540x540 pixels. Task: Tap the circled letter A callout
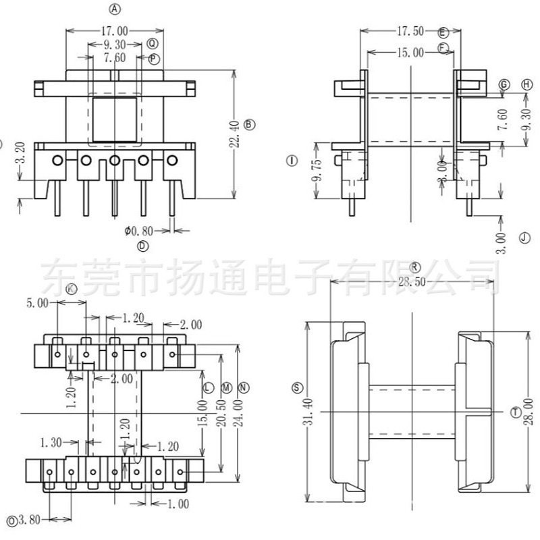click(115, 9)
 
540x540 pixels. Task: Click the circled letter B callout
click(249, 124)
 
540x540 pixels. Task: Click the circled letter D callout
click(142, 246)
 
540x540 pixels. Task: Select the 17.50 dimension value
click(410, 31)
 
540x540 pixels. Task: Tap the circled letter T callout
click(516, 411)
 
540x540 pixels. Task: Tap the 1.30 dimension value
click(51, 442)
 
